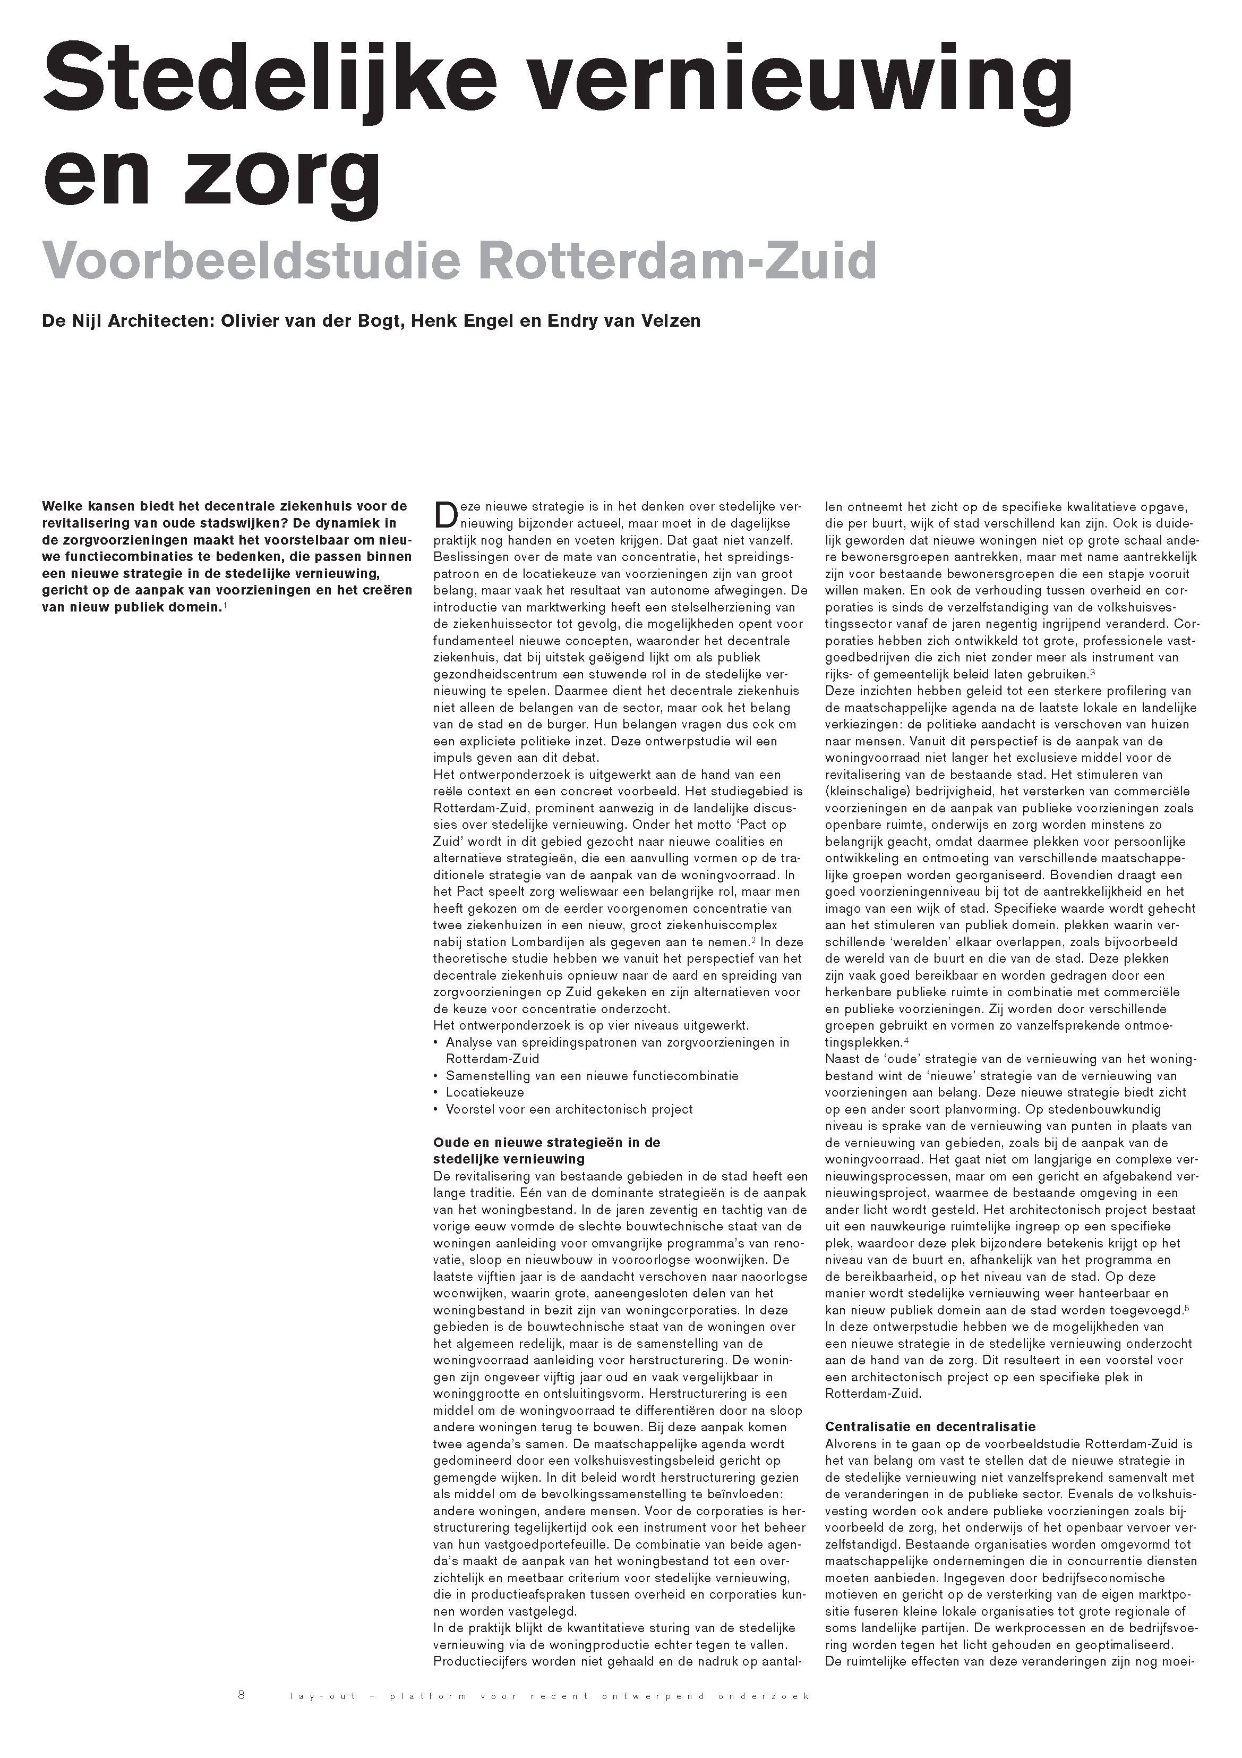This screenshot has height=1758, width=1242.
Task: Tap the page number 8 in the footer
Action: (242, 1695)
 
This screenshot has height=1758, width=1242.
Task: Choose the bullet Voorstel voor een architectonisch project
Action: (569, 1109)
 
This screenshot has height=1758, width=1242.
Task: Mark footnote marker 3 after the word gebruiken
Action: (1093, 672)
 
